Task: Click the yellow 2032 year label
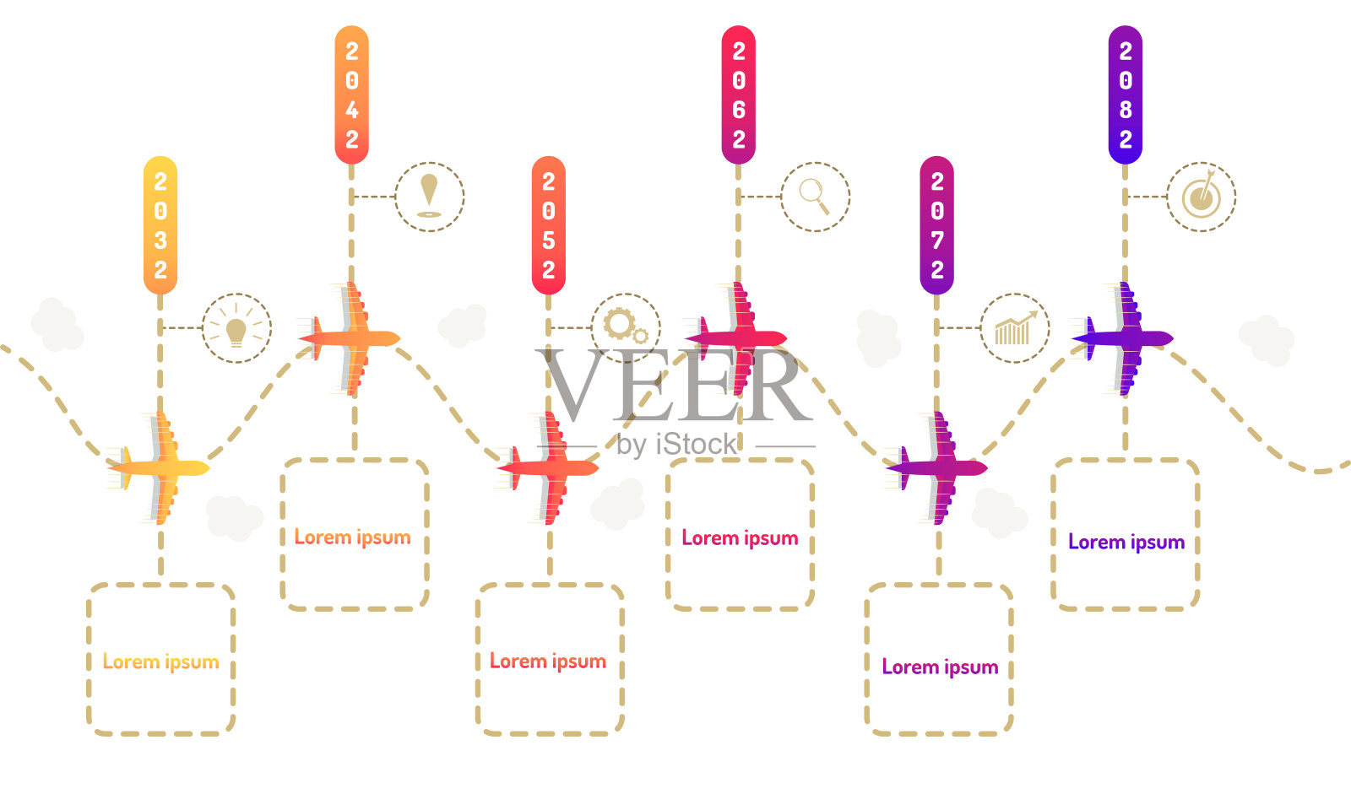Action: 160,225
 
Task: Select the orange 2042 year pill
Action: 351,94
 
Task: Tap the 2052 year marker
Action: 548,225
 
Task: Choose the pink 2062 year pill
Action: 738,94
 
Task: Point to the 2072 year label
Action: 936,225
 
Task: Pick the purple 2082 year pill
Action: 1125,94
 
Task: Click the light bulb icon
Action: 236,328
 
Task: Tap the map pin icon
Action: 429,196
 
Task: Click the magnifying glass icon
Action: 815,196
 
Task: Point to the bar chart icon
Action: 1015,328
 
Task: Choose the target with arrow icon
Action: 1201,196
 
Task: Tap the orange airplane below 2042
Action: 350,338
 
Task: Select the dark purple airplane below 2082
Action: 1124,338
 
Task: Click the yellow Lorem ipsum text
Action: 160,662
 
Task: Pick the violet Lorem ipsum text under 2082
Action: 1126,543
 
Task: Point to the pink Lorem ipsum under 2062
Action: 740,538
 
